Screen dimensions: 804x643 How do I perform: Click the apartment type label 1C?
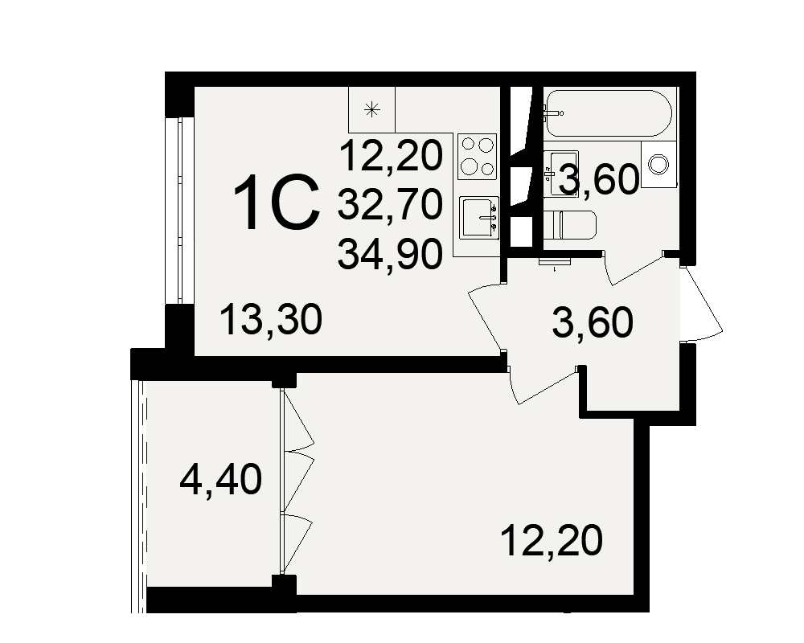click(x=277, y=202)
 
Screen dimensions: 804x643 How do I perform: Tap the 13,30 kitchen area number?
click(x=271, y=319)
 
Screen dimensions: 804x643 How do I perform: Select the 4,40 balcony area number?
click(x=220, y=479)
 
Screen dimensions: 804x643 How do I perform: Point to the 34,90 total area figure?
click(x=390, y=254)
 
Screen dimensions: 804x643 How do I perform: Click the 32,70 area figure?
click(x=390, y=203)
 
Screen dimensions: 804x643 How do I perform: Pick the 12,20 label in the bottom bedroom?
click(x=552, y=540)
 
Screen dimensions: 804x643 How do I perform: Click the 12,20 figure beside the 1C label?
click(x=391, y=155)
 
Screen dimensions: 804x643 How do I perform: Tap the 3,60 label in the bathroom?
click(x=599, y=179)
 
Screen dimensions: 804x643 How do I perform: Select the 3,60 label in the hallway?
click(x=593, y=322)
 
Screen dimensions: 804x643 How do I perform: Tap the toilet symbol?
click(x=570, y=225)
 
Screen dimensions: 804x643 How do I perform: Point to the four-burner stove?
click(x=478, y=157)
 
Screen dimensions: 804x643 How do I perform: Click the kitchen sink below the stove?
click(x=479, y=217)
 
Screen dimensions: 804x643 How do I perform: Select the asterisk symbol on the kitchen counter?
click(x=371, y=109)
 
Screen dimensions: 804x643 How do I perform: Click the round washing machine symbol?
click(x=659, y=165)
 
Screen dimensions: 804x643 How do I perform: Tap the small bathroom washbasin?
click(x=561, y=174)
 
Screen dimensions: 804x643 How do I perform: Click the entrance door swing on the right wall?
click(x=702, y=304)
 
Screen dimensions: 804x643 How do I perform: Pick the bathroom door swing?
click(x=634, y=268)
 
